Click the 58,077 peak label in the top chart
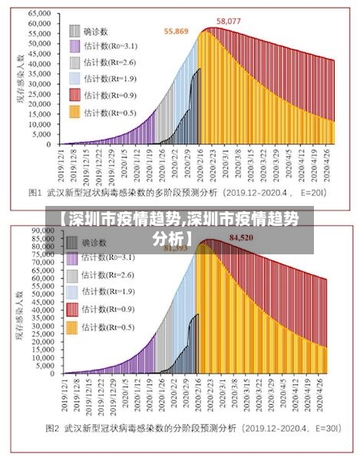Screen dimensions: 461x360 [x=229, y=21]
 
